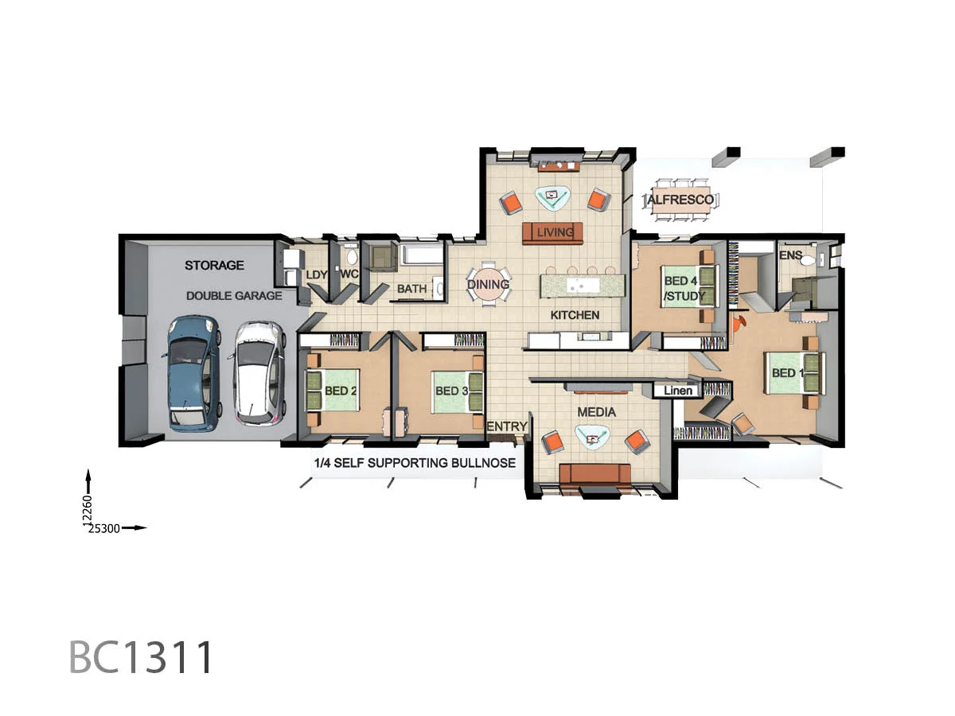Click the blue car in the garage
(x=191, y=372)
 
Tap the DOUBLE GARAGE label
(x=234, y=296)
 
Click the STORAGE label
(x=214, y=265)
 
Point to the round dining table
(x=488, y=284)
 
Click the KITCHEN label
(x=575, y=315)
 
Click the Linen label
(x=678, y=391)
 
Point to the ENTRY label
(x=506, y=427)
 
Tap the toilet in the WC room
(x=350, y=257)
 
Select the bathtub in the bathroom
(x=422, y=256)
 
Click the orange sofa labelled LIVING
(x=553, y=232)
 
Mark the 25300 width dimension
(x=104, y=528)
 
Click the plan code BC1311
(x=142, y=657)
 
